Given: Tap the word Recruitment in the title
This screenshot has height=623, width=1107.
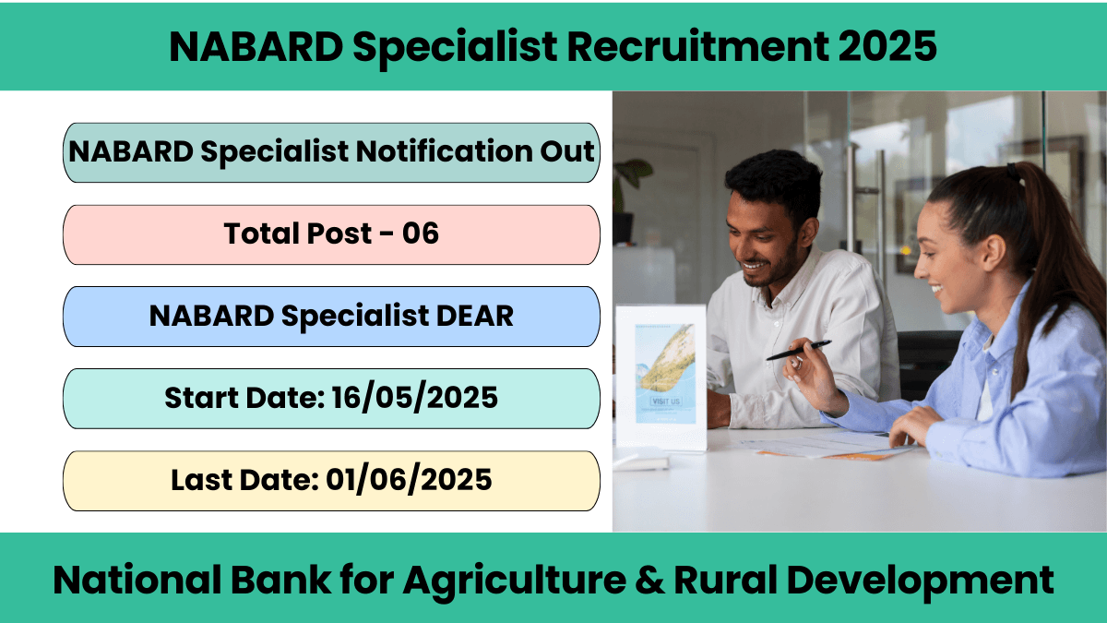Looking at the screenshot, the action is tap(697, 46).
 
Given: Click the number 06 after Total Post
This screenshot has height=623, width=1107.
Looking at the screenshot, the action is tap(420, 233).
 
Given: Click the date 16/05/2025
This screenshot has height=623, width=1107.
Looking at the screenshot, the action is tap(414, 398).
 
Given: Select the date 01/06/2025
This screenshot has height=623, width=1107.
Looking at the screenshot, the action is tap(409, 480).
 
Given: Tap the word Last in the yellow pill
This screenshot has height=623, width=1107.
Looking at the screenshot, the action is tap(202, 480).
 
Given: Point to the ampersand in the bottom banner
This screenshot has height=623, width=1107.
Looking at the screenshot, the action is tap(649, 580).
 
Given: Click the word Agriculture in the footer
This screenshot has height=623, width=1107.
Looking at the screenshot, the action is tap(515, 581).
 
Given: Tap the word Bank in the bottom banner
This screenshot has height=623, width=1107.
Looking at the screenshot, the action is tap(281, 580).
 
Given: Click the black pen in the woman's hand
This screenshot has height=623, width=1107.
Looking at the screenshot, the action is tap(799, 350).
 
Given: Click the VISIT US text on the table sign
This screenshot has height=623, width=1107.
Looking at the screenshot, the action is tap(666, 401).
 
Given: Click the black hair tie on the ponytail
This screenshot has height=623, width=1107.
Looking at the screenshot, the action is tap(1013, 172).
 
